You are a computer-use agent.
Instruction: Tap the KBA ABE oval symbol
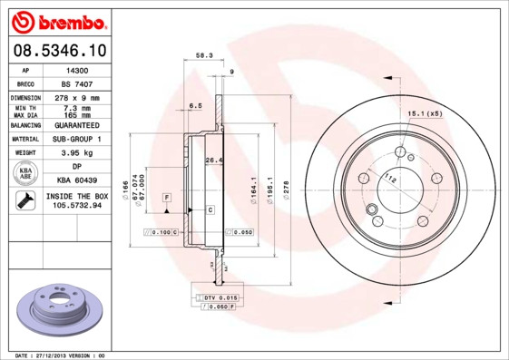26,173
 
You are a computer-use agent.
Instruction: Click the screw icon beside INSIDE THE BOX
25,200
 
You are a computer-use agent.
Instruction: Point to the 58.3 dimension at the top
204,55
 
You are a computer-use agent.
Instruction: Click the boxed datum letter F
167,197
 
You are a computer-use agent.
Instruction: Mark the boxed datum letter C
210,209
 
